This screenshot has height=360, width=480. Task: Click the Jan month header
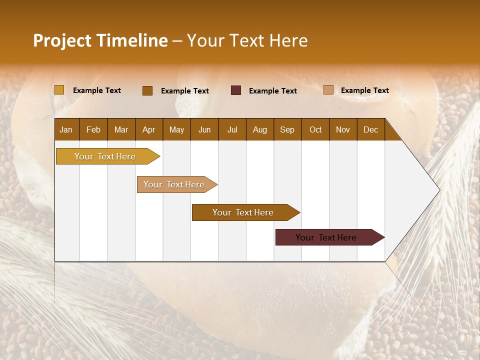66,129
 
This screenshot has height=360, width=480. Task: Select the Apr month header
148,129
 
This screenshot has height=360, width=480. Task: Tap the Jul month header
232,129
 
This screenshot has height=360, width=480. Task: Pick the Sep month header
287,129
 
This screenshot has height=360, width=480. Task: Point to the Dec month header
370,129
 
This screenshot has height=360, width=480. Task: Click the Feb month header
93,129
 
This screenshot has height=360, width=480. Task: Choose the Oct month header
315,129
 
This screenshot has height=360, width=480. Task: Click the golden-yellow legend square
59,90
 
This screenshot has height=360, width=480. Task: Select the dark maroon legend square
236,90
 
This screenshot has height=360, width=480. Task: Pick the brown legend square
147,90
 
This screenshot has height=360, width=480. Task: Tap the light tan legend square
328,90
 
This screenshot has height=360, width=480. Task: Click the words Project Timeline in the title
100,40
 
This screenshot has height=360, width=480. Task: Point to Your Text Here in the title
247,40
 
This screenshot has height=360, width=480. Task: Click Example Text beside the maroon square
272,91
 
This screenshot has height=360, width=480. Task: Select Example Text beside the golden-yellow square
96,90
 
